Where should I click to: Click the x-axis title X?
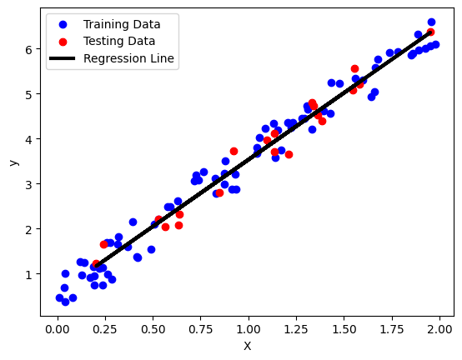(247, 347)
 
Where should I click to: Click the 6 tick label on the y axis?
(28, 49)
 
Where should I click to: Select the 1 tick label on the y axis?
(28, 273)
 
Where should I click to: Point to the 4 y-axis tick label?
(28, 139)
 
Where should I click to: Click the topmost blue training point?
(431, 22)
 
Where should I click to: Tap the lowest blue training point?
(65, 302)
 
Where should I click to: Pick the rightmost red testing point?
(430, 32)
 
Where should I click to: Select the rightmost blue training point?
(435, 44)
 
